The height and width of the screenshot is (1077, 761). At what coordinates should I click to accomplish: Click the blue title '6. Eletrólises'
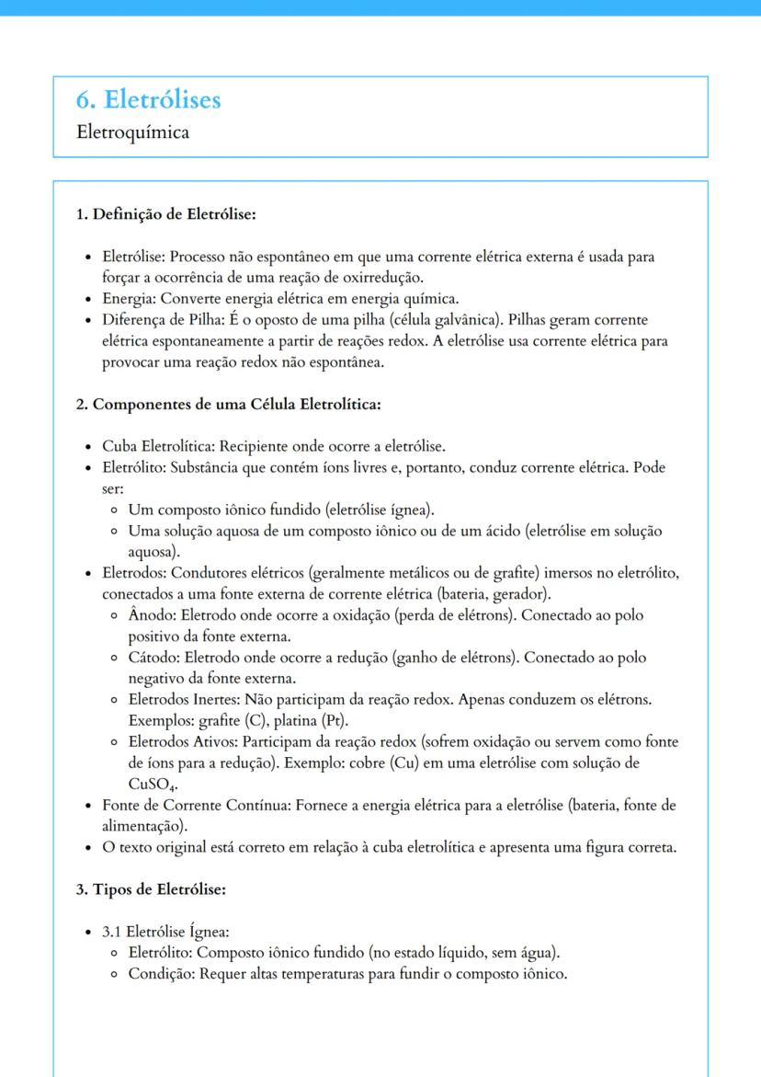click(149, 99)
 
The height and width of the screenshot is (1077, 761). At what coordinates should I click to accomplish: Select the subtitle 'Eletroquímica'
click(133, 132)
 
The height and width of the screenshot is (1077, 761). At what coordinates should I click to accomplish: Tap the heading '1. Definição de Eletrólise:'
click(165, 214)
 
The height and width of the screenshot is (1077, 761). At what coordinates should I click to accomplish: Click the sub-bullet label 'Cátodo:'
click(154, 658)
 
